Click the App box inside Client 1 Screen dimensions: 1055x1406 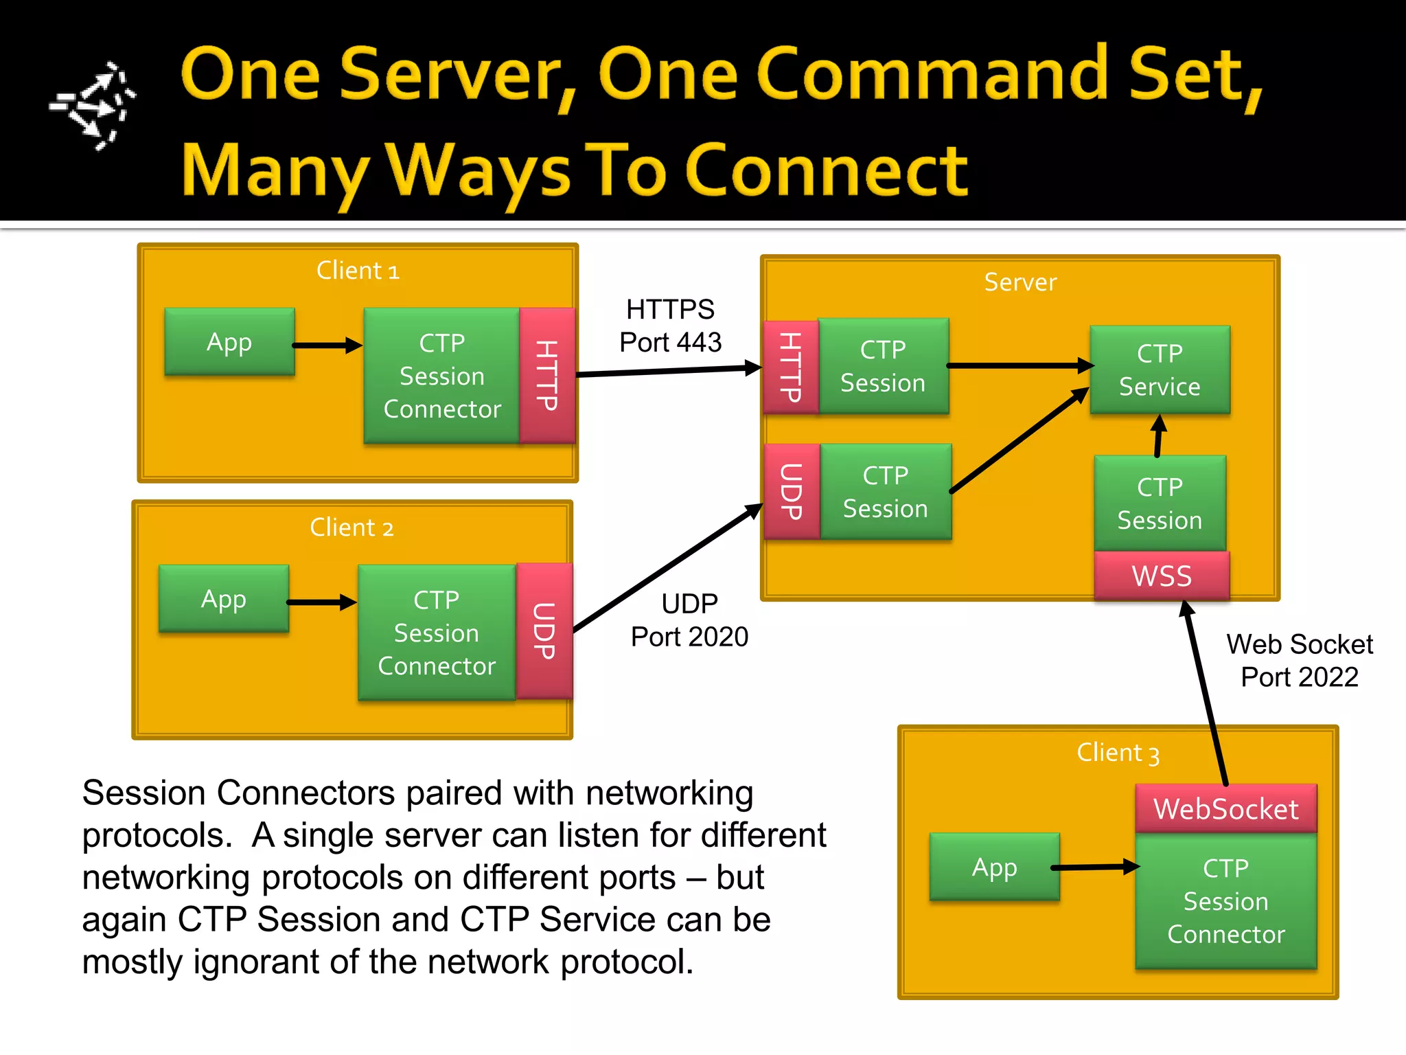(x=229, y=341)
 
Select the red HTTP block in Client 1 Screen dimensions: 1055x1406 (x=546, y=375)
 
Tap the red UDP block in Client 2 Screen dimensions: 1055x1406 (x=544, y=631)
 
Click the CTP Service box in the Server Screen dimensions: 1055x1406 (x=1160, y=370)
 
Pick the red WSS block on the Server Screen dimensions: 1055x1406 (x=1162, y=576)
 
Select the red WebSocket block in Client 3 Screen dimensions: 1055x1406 (x=1225, y=808)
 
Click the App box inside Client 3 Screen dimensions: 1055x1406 (x=994, y=867)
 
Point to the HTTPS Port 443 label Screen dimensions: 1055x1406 (x=670, y=326)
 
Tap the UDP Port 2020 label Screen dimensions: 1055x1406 (x=689, y=620)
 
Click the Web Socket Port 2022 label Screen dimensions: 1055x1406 (x=1299, y=661)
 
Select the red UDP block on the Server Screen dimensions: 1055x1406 (x=792, y=491)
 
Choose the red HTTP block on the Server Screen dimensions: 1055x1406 (x=791, y=367)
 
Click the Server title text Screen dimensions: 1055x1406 (x=1020, y=282)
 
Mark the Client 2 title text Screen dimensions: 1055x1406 (x=351, y=527)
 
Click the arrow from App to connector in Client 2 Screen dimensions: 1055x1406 (x=321, y=602)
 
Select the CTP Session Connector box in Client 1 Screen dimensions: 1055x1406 (x=441, y=376)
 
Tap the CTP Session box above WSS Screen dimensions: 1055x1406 (x=1160, y=503)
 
